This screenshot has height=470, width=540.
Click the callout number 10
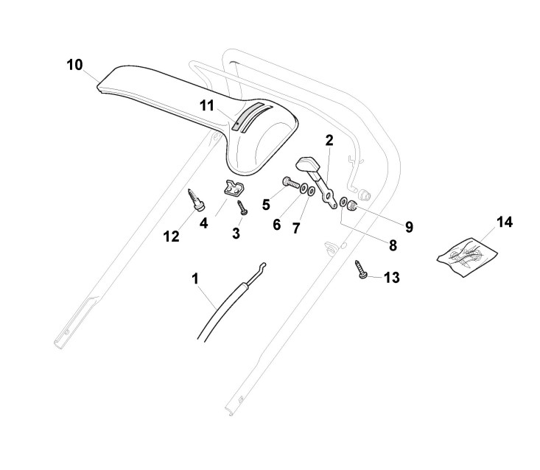(x=74, y=65)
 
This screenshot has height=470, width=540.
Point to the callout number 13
(x=392, y=278)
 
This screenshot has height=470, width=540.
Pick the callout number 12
(x=171, y=236)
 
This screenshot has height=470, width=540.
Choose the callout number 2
(x=329, y=139)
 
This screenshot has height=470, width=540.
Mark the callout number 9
(x=407, y=226)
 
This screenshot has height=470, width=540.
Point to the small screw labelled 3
(x=241, y=208)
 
